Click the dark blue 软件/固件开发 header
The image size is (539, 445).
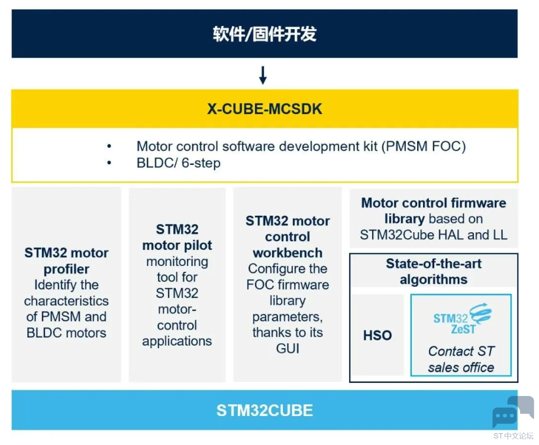pos(264,34)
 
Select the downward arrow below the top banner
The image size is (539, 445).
pos(263,75)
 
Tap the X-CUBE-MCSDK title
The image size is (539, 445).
pos(264,109)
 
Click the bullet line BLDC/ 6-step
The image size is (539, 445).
pos(178,163)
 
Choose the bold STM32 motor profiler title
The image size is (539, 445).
pos(66,261)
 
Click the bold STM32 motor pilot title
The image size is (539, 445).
pos(177,237)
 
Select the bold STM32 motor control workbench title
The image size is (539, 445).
pos(288,236)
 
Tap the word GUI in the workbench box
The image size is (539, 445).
pos(288,349)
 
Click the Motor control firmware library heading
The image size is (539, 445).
pos(433,210)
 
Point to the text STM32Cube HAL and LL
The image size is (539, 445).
pos(433,235)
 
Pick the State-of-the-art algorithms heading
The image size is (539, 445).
pos(434,271)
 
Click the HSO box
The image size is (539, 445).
pos(377,335)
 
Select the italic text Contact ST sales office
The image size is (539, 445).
pos(461,359)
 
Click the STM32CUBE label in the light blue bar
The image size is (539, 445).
pos(264,410)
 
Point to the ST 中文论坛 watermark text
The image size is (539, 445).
pos(513,436)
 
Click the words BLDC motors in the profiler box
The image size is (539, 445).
pos(66,332)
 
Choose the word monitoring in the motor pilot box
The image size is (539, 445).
pos(177,261)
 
